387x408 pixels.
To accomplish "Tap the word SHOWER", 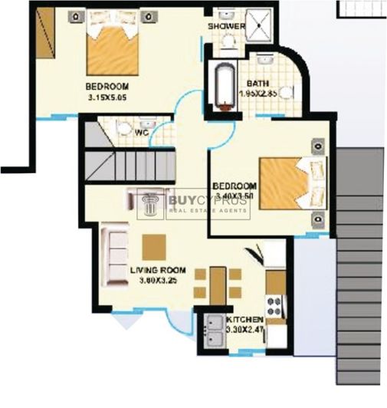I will (x=226, y=27).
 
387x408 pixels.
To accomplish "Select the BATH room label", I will (x=257, y=84).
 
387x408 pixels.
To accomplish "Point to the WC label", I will (x=141, y=132).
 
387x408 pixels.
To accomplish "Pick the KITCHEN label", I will (x=244, y=319).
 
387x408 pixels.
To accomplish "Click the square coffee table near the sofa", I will (x=153, y=246).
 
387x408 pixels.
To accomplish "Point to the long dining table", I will (x=218, y=285).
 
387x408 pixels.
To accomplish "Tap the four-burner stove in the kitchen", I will (x=274, y=305).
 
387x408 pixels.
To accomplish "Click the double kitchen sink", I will (x=214, y=332).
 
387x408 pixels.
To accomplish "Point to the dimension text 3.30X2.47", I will (x=244, y=330).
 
